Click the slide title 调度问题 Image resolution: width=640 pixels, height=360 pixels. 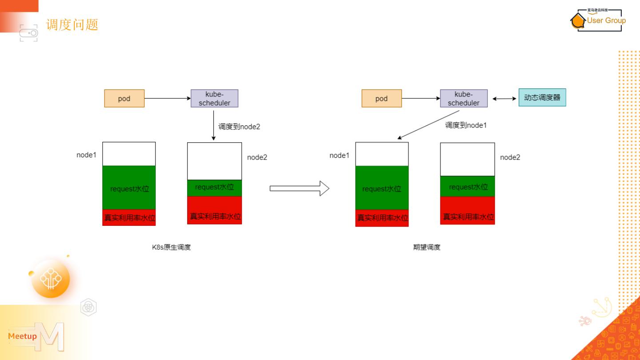coord(72,24)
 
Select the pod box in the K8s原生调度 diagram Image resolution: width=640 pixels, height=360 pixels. coord(124,99)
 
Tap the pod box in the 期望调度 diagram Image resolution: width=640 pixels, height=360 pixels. coord(381,99)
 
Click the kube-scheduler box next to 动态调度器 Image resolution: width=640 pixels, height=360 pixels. coord(464,99)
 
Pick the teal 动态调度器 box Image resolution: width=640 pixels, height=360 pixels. coord(542,97)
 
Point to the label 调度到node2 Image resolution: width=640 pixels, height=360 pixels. coord(239,127)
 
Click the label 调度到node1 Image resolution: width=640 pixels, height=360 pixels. coord(466,125)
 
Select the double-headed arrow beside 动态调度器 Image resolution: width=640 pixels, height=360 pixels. coord(504,99)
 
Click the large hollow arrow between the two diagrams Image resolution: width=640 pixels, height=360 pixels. coord(299,188)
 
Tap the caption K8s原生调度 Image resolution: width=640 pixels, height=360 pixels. coord(171,247)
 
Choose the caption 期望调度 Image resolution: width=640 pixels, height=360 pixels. coord(427,247)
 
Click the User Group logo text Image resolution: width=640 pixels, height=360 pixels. coord(606,20)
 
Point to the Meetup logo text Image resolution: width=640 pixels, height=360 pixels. coord(22,336)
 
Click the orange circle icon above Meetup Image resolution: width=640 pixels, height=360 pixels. coord(51,279)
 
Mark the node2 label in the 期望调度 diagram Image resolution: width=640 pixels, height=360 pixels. coord(510,157)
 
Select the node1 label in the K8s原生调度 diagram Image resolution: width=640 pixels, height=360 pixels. coord(86,155)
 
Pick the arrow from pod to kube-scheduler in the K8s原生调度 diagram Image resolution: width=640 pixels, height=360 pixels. coord(167,98)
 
